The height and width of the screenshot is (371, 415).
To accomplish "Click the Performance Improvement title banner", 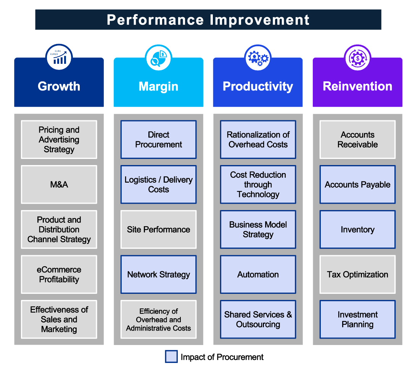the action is pos(208,19).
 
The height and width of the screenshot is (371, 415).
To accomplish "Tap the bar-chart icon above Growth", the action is pos(59,57).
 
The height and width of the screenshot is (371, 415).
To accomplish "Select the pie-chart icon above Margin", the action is pos(159,58).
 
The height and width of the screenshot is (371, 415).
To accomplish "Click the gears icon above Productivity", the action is pos(258,58).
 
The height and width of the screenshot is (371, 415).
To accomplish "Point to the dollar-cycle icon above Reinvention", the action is pos(357,58).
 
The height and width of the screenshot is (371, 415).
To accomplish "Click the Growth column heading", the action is pos(59,86).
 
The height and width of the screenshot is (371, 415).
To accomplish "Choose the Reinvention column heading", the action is pos(357,86).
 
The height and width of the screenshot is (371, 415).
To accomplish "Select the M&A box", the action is pos(59,185).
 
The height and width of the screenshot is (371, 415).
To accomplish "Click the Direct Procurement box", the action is pos(159,139).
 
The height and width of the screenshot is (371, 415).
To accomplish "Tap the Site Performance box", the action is pos(159,229).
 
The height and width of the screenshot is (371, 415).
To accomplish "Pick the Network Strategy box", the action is pos(159,274).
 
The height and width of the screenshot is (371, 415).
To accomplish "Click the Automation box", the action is pos(258,274).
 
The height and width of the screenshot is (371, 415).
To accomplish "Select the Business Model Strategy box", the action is pos(258,229).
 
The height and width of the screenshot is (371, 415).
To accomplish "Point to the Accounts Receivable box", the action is pos(357,139).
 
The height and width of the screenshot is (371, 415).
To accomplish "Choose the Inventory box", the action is pos(357,229).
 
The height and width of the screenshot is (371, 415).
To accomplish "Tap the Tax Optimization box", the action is pos(357,274).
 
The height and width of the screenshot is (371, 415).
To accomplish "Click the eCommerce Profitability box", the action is pos(59,274).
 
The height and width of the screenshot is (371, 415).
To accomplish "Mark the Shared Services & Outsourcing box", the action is pos(258,319).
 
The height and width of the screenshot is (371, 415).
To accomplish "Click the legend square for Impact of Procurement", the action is pos(171,357).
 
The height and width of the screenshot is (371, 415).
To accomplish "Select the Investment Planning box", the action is pos(357,319).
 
